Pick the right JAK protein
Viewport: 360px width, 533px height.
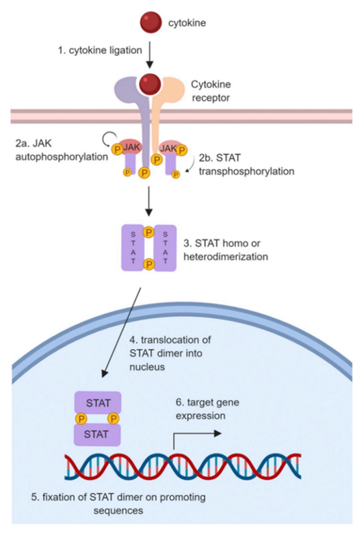click(167, 146)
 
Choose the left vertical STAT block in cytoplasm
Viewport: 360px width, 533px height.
click(131, 248)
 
